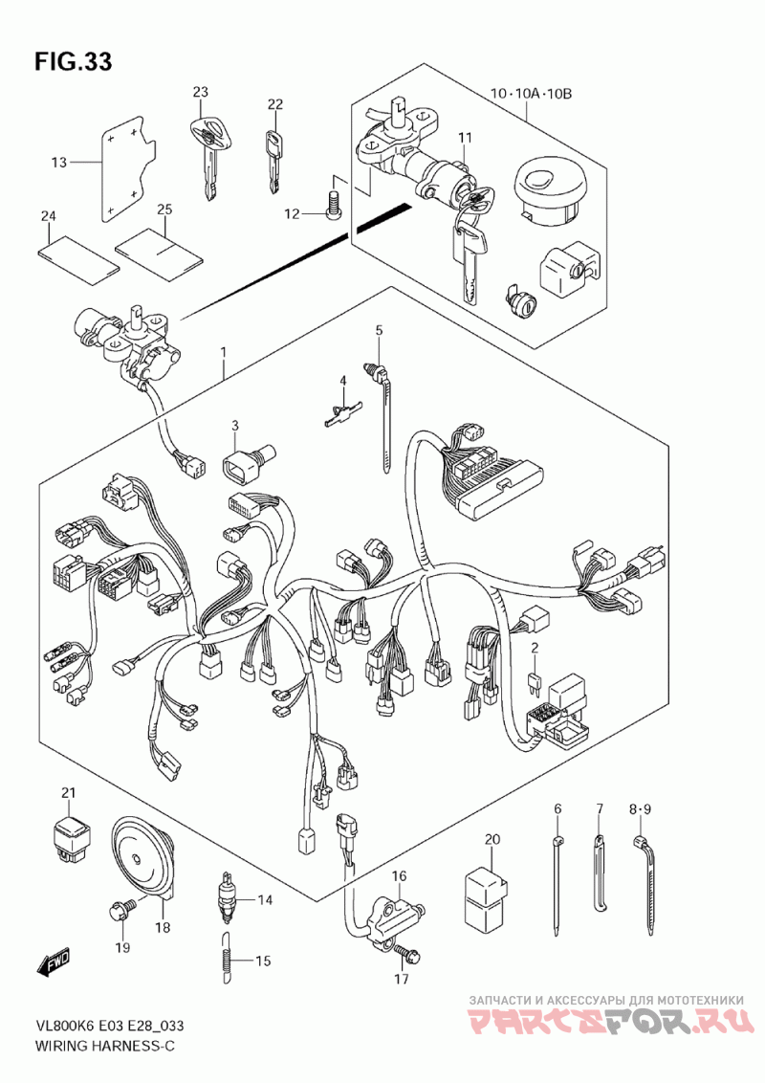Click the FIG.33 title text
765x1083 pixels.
click(74, 61)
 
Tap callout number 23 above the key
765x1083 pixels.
click(200, 92)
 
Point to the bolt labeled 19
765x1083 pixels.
click(119, 912)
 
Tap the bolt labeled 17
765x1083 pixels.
click(409, 954)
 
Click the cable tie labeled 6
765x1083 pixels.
click(557, 884)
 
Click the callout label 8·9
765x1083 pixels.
click(640, 808)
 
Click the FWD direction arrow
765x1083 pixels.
click(55, 962)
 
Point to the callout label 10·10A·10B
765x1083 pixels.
click(531, 93)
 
